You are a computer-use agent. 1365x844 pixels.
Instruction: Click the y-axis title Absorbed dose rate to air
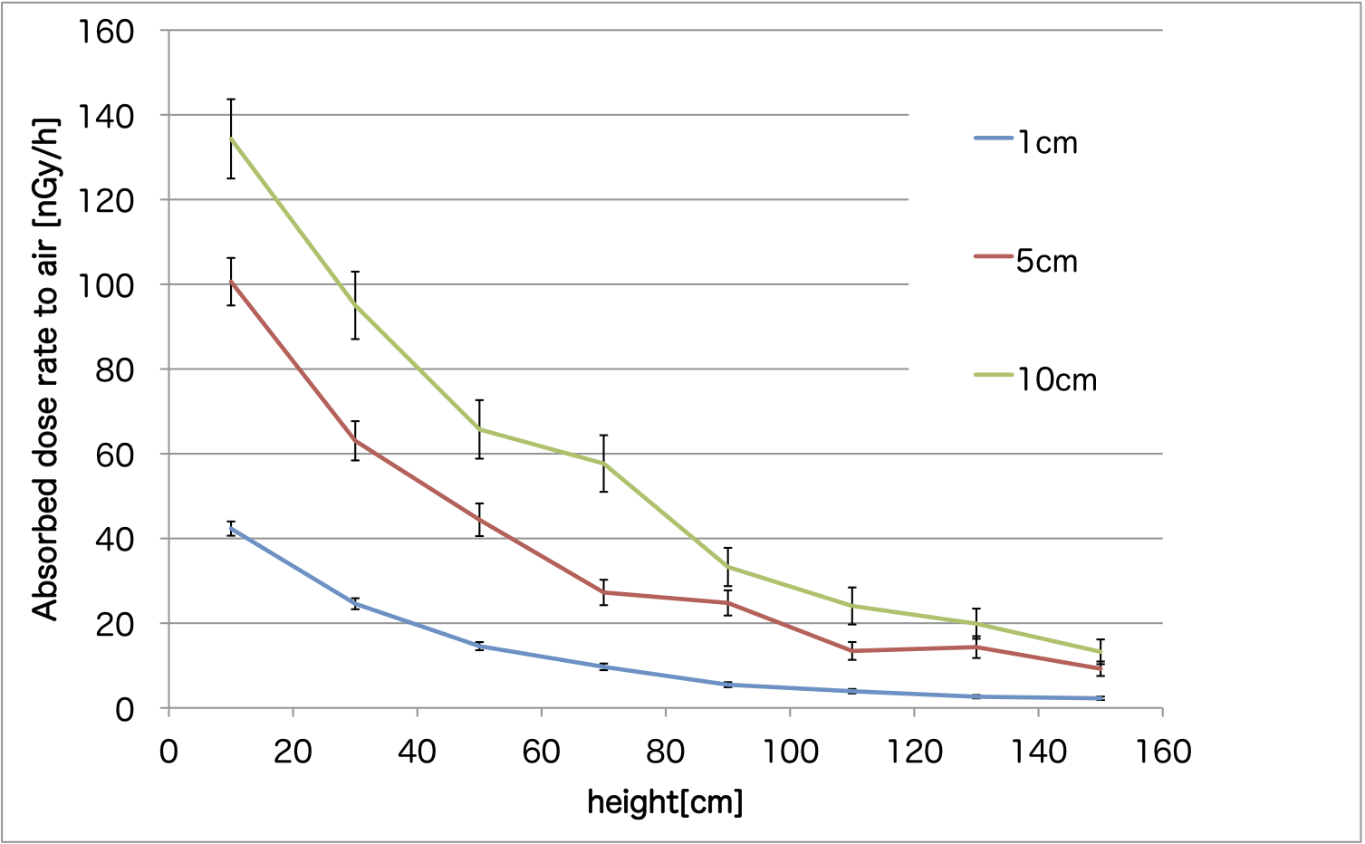[45, 369]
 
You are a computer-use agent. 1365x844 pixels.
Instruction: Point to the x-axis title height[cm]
[665, 801]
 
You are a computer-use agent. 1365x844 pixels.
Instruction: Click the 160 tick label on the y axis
[107, 32]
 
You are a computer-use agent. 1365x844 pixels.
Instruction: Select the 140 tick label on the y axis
[107, 116]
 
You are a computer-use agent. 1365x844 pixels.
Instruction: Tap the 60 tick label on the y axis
[115, 454]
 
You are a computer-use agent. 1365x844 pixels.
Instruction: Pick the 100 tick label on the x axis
[790, 751]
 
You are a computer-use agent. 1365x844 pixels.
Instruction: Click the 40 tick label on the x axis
[417, 751]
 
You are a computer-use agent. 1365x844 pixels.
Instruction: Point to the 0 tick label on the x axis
[168, 751]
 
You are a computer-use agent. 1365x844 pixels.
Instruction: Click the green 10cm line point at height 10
[231, 139]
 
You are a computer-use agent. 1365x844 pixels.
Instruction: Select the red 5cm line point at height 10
[231, 282]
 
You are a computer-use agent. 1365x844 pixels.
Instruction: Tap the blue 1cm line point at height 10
[231, 528]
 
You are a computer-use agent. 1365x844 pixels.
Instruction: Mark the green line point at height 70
[603, 463]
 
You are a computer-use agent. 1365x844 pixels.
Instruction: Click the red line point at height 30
[355, 441]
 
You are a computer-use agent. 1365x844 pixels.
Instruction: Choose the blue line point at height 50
[479, 646]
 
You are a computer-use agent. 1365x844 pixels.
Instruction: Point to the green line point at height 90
[727, 567]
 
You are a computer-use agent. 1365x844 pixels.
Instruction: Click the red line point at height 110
[851, 651]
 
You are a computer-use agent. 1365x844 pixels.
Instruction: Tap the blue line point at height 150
[1101, 698]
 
